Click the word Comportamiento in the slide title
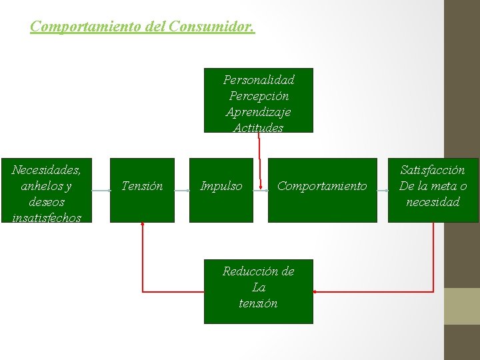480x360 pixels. (71, 27)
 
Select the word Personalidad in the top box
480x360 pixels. (259, 80)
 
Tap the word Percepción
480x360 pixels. (259, 96)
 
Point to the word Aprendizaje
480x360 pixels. (259, 112)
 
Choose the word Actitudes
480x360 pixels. (259, 127)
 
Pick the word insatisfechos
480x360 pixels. (46, 217)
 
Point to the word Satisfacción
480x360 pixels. (433, 170)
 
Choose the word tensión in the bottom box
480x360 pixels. (258, 303)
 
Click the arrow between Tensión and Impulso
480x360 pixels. (182, 191)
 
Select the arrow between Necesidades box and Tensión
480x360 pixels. (101, 191)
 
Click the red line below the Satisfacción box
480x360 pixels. (433, 257)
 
